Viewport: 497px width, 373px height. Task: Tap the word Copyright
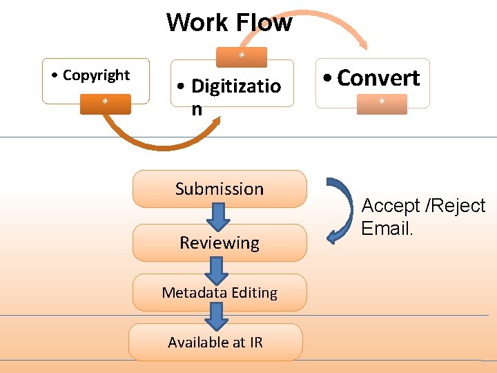[96, 75]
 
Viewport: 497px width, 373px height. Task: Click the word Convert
[378, 77]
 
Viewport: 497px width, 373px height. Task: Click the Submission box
[220, 189]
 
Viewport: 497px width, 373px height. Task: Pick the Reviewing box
[220, 242]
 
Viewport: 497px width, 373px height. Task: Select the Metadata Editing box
[220, 292]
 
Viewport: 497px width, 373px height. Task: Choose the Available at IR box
[215, 342]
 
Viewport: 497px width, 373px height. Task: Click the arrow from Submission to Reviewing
[218, 217]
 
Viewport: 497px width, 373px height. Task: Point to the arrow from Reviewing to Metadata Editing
[217, 269]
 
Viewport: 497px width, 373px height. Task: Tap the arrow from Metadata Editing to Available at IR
[217, 317]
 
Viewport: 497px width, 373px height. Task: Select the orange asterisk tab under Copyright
[105, 102]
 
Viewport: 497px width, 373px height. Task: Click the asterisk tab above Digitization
[242, 56]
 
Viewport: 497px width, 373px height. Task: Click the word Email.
[387, 229]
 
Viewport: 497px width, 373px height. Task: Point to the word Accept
[391, 206]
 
